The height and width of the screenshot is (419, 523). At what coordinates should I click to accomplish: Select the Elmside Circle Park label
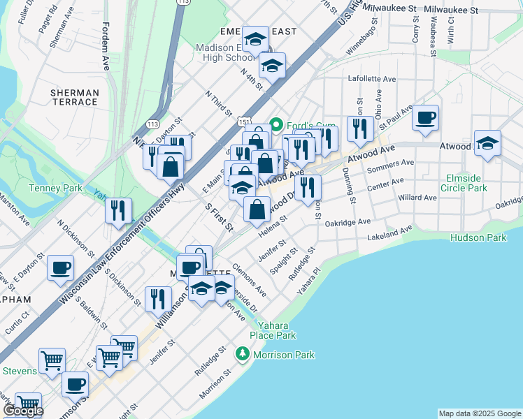(x=464, y=183)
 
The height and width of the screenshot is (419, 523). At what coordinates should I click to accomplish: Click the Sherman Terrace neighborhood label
(x=74, y=97)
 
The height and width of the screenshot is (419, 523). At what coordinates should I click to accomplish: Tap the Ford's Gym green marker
(x=276, y=126)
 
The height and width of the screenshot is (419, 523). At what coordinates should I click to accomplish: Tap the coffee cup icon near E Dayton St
(x=61, y=268)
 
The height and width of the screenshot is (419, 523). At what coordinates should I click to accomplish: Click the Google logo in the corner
(x=23, y=411)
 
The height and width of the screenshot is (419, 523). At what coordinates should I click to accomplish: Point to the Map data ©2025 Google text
(x=479, y=413)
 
